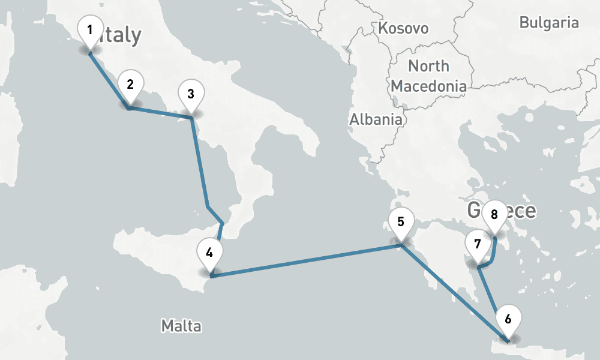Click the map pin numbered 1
tap(90, 30)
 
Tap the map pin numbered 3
tap(191, 94)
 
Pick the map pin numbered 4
tap(209, 253)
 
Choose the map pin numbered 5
tap(400, 221)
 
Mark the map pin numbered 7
tap(478, 245)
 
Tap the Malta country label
tap(181, 326)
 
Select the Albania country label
tap(376, 119)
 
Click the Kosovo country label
tap(403, 28)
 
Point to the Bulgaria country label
tap(549, 23)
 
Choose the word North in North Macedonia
tap(428, 65)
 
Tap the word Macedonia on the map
tap(428, 86)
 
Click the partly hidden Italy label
tap(123, 36)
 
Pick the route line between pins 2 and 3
tap(161, 113)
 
